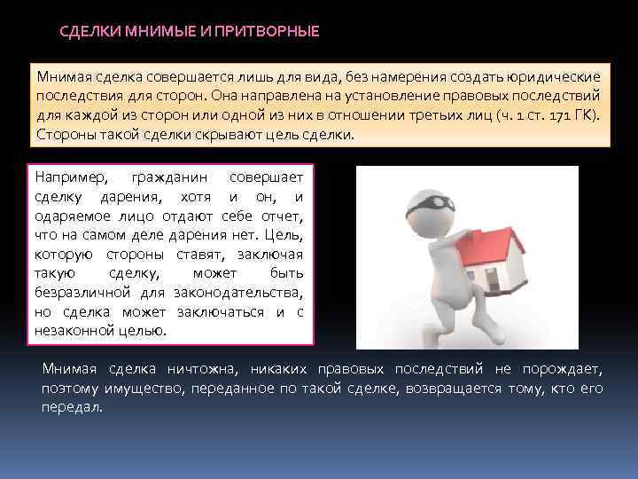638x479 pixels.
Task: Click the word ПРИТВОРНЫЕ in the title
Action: tap(270, 32)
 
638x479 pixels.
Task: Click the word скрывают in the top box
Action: tap(226, 135)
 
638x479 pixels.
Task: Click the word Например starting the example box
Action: tap(68, 178)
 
